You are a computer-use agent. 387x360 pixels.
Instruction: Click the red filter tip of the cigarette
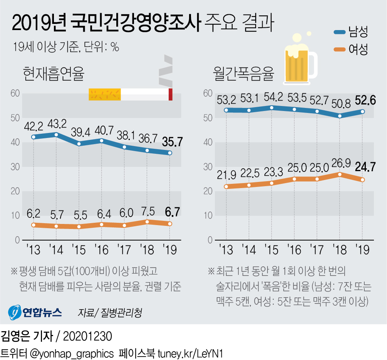click(170, 95)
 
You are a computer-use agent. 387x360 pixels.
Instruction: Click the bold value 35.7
click(170, 142)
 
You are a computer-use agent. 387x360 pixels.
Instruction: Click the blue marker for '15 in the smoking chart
click(79, 144)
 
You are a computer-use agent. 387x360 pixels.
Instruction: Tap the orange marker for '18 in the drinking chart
click(340, 174)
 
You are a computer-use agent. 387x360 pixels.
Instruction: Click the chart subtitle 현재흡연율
click(53, 74)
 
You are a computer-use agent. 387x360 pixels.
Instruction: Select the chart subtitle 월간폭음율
click(244, 74)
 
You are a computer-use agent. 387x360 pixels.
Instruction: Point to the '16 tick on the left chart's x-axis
click(102, 250)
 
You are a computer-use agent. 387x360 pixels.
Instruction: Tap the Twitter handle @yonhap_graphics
click(71, 353)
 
